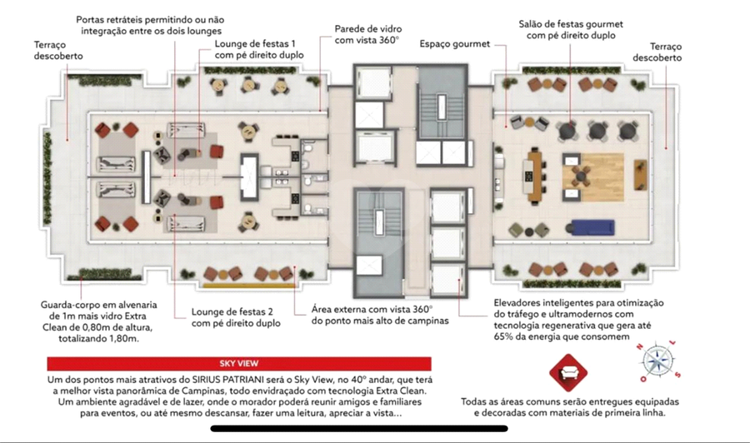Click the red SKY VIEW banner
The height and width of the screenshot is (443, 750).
click(x=239, y=364)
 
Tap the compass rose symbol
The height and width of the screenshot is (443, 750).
click(x=658, y=361)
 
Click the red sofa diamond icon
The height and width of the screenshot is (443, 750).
click(x=568, y=373)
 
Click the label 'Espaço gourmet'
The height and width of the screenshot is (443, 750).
click(x=454, y=44)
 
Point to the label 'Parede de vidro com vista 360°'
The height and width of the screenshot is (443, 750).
click(x=367, y=34)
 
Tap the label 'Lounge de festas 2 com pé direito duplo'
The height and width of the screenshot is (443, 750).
click(x=236, y=317)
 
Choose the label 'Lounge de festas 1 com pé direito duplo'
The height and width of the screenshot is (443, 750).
click(x=259, y=49)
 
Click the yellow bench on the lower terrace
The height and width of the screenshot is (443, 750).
click(x=248, y=286)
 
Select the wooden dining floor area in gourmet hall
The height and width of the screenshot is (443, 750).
click(x=593, y=177)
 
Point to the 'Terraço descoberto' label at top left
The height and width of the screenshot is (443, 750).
click(x=57, y=50)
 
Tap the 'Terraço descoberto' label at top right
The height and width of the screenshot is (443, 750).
click(x=657, y=52)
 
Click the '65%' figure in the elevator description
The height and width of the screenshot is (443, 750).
click(x=504, y=336)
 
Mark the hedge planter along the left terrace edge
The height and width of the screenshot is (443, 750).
click(x=47, y=179)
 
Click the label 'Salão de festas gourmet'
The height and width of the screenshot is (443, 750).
click(x=571, y=24)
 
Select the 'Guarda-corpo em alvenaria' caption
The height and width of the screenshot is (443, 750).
click(x=98, y=305)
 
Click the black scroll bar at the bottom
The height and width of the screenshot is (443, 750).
click(x=359, y=429)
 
